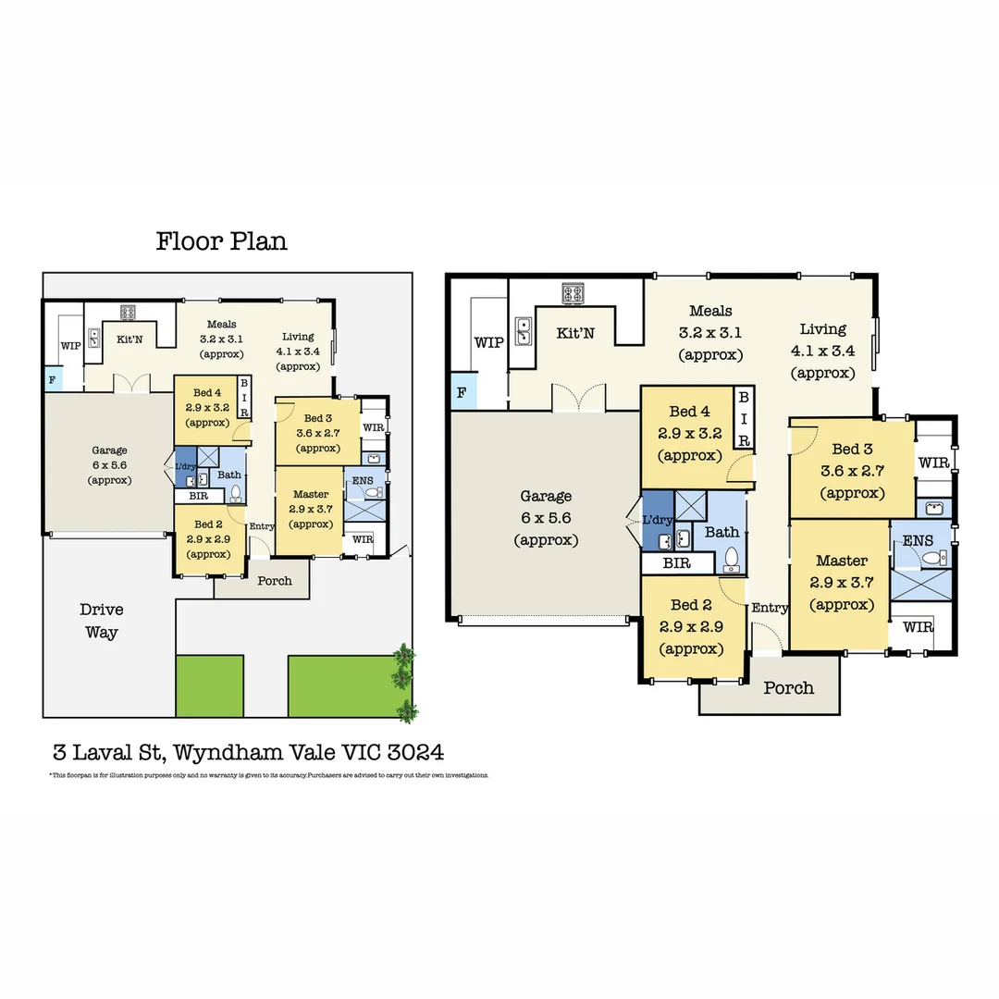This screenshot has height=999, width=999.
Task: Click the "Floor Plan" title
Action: [221, 241]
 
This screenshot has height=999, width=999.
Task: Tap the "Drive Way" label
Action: [101, 621]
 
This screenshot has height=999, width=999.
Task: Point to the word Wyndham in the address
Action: [229, 751]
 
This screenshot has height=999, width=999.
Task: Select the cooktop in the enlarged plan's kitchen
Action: [573, 293]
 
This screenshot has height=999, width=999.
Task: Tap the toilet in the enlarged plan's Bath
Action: [732, 558]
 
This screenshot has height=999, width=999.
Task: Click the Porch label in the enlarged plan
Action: [788, 687]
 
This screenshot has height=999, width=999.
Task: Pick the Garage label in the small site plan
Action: [109, 451]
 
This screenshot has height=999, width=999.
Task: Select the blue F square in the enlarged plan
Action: [462, 392]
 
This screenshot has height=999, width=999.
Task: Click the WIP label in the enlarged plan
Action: [488, 342]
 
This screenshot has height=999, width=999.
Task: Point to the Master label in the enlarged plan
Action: [842, 561]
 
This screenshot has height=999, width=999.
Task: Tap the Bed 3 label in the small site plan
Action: [318, 419]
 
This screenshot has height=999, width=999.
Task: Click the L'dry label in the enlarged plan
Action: [657, 520]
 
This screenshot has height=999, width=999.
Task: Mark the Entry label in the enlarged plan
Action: [770, 608]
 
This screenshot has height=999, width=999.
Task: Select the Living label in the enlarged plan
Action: [822, 329]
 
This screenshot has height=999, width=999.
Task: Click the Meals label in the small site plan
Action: [221, 325]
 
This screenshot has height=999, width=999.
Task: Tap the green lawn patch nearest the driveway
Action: [209, 685]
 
